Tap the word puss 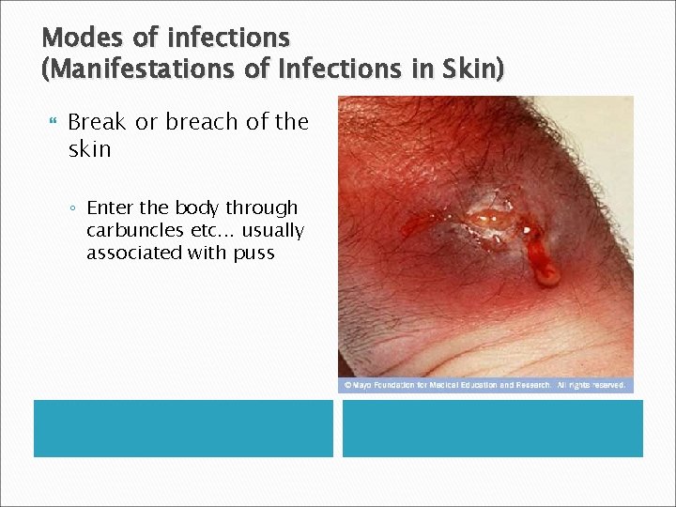[253, 253]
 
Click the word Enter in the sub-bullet [110, 208]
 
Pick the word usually [272, 231]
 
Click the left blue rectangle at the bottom [183, 428]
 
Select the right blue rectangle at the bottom [492, 428]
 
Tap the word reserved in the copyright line [607, 385]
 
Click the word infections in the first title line [228, 38]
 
